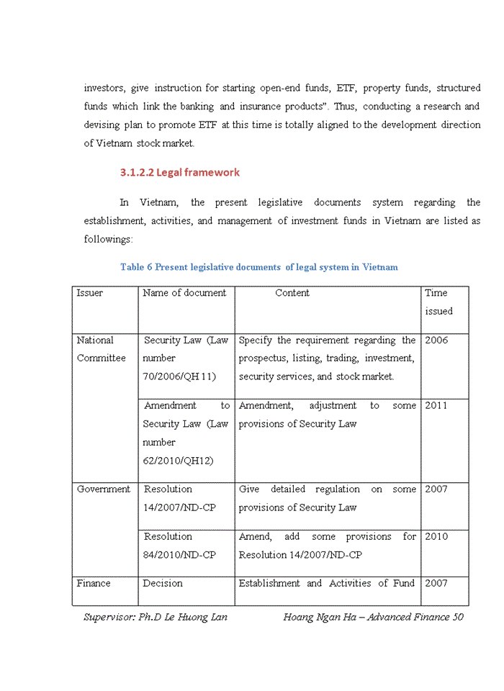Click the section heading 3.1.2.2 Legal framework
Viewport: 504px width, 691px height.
[179, 173]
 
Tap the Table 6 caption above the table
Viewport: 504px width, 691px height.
[258, 267]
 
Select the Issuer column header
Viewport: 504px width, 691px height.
[90, 293]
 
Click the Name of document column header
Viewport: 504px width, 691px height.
[184, 293]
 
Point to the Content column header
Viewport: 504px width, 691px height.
[292, 293]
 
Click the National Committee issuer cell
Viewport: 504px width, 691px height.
[101, 349]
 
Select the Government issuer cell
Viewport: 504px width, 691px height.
[104, 489]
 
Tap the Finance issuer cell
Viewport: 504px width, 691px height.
[94, 583]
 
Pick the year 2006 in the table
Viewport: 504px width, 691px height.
[436, 340]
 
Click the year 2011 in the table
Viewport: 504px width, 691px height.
[436, 406]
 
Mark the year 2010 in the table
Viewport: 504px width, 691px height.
[436, 537]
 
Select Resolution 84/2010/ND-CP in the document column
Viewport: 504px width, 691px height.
[179, 546]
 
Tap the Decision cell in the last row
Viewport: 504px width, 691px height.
[163, 583]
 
